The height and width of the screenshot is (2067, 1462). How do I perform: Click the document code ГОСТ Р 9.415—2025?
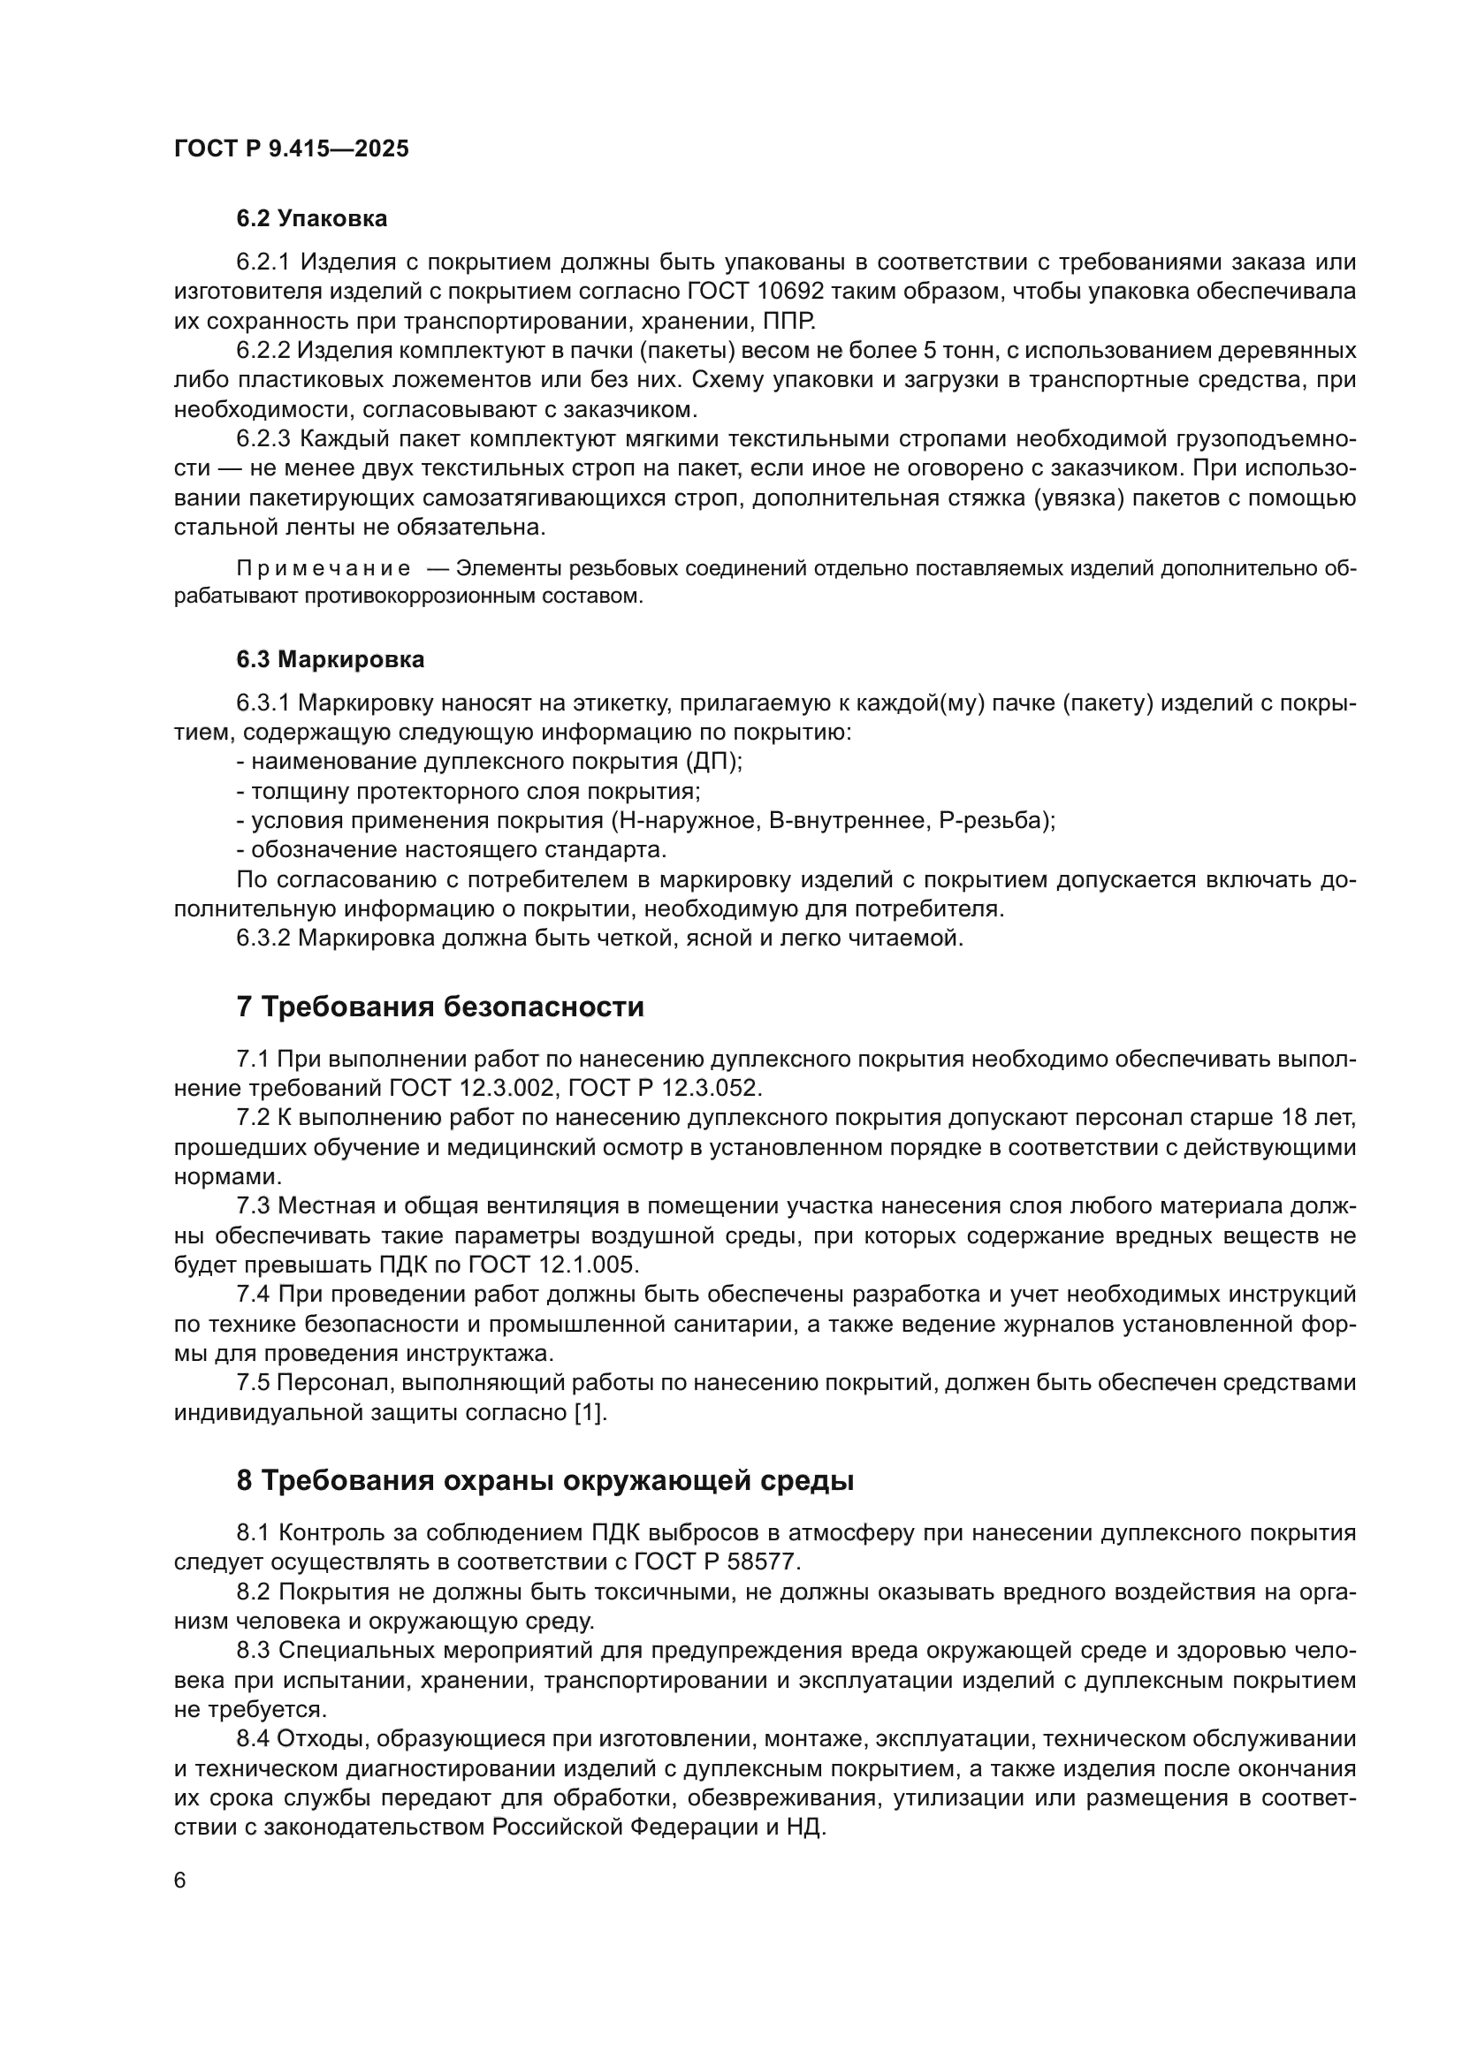pos(291,148)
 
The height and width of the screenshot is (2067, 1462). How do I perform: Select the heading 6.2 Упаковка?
pos(311,219)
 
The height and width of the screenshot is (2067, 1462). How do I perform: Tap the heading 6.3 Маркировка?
pos(331,660)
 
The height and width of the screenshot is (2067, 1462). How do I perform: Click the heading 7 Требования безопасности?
pos(440,1007)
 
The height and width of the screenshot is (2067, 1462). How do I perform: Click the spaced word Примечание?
pos(324,569)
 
